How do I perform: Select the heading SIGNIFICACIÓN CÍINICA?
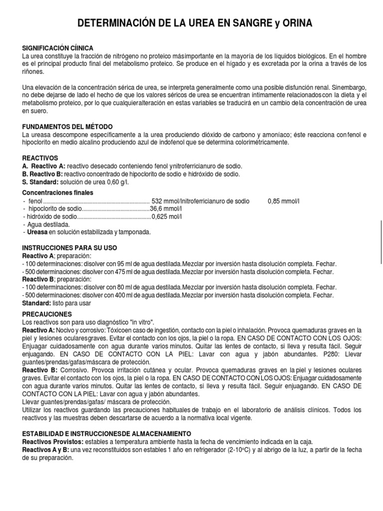pyautogui.click(x=58, y=47)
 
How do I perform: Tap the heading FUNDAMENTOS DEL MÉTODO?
pyautogui.click(x=67, y=127)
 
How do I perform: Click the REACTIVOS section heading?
pyautogui.click(x=40, y=157)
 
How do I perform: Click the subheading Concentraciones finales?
pyautogui.click(x=57, y=193)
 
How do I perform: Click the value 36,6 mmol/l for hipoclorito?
pyautogui.click(x=167, y=209)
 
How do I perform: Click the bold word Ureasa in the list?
pyautogui.click(x=37, y=232)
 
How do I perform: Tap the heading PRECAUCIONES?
pyautogui.click(x=47, y=314)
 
